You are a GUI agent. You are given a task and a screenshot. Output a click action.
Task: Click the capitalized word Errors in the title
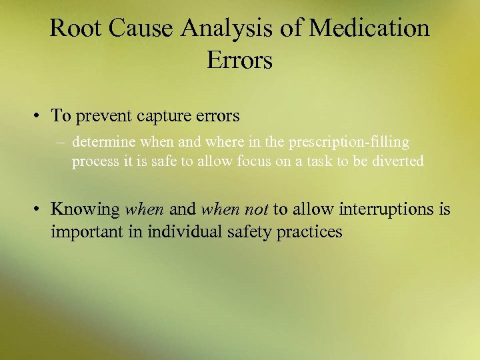point(239,60)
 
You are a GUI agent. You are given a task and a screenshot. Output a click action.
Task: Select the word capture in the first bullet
point(164,116)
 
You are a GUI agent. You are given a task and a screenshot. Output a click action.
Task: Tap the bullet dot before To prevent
point(41,117)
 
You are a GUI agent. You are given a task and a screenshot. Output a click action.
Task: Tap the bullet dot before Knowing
point(41,210)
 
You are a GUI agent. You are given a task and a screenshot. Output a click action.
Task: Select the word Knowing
point(85,209)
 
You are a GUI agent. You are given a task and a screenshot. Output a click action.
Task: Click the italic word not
point(256,209)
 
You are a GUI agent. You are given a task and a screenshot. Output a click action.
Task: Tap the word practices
point(311,232)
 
